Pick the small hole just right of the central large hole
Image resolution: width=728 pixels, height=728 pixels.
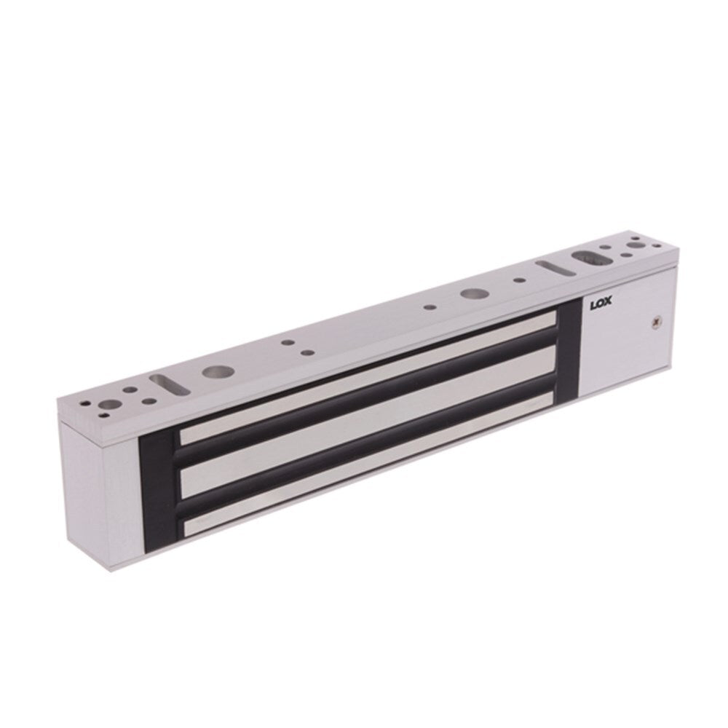(x=518, y=281)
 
